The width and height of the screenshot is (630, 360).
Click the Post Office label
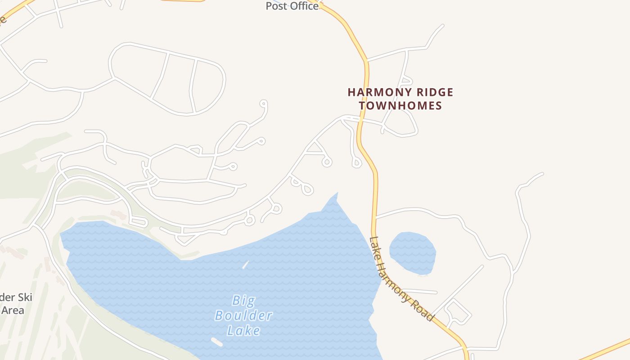(x=292, y=6)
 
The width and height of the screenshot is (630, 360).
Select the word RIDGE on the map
(x=433, y=93)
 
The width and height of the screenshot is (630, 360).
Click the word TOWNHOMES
(x=400, y=106)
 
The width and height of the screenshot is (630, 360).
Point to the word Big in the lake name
(x=243, y=300)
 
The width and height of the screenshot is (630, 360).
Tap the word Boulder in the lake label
(x=243, y=315)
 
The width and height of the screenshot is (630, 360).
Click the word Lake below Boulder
(x=243, y=331)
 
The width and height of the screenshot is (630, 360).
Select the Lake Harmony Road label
(x=401, y=279)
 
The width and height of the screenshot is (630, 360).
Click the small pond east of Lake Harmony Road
(x=412, y=252)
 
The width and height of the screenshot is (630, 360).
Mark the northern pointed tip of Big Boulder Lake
(x=337, y=193)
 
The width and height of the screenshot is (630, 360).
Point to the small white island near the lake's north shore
(x=245, y=265)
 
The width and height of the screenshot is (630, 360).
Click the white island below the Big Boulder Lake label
(x=216, y=342)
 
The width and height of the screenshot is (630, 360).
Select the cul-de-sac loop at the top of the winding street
(x=263, y=104)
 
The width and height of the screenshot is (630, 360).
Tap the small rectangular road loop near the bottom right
(x=458, y=311)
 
